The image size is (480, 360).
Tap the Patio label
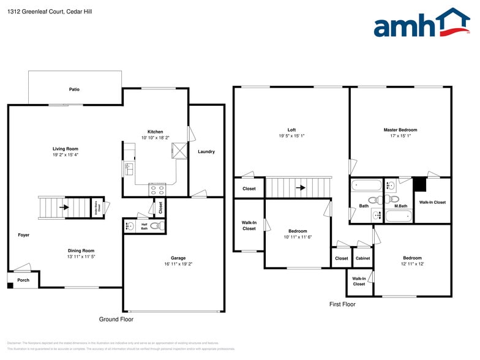point(74,89)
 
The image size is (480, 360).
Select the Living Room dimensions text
point(65,155)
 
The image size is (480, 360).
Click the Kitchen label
point(155,132)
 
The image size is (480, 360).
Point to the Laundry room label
point(206,152)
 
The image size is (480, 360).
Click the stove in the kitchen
point(157,190)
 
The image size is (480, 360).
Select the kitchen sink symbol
point(129,169)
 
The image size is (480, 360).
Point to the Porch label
point(23,280)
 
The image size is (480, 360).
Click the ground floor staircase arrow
point(63,208)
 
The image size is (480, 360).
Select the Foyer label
point(23,235)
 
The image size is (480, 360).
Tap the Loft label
point(291,130)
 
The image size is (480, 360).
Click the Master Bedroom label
point(400,130)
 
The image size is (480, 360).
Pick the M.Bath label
point(401,206)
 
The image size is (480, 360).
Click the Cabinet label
point(362,258)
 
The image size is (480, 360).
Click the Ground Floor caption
point(116,319)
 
